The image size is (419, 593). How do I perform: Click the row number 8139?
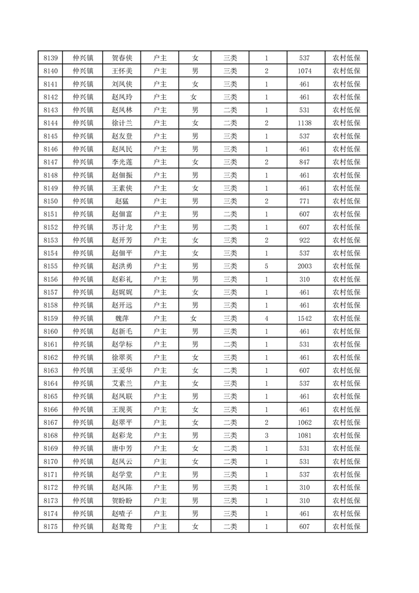[x=50, y=58]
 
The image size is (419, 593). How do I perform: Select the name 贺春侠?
[x=122, y=58]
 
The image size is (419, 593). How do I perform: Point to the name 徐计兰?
[x=122, y=123]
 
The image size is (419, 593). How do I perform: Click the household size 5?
[x=266, y=266]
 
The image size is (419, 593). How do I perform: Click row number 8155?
[x=50, y=266]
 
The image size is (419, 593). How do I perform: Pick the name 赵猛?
[x=122, y=201]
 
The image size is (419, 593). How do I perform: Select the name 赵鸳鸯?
[x=122, y=526]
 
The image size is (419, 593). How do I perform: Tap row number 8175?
[x=50, y=526]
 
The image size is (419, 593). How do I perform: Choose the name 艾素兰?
[x=122, y=383]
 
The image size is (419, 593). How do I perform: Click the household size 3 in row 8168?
[x=266, y=435]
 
